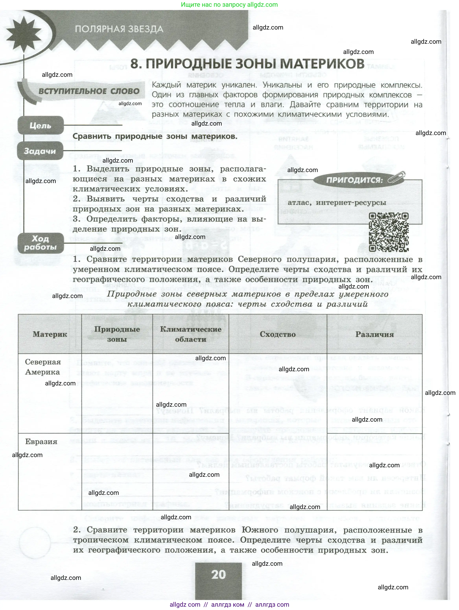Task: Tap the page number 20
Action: tap(218, 574)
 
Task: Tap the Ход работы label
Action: tap(41, 243)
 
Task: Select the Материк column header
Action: tap(50, 334)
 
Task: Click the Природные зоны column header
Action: tap(117, 334)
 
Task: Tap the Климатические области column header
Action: tap(191, 334)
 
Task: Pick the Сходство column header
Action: tap(277, 334)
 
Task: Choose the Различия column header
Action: tap(374, 334)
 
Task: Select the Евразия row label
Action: tap(41, 442)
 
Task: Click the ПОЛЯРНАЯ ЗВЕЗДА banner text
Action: tap(119, 29)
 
